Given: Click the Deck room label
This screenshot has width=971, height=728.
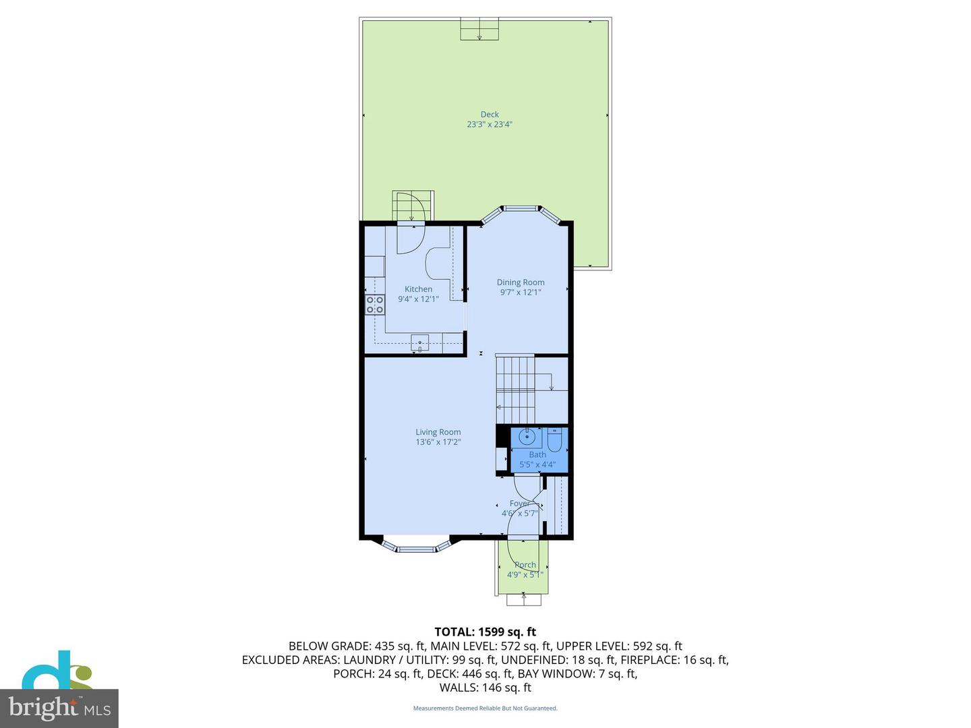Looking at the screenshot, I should click(x=490, y=115).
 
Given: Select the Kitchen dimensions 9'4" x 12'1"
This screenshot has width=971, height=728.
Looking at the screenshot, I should click(x=418, y=299).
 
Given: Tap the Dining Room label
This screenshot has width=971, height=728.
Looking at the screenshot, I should click(x=520, y=282).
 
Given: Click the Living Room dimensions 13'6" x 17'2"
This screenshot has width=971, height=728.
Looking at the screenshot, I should click(x=438, y=442).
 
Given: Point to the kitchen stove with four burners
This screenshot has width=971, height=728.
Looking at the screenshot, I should click(x=375, y=305).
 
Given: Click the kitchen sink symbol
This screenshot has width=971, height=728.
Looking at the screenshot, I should click(x=419, y=343).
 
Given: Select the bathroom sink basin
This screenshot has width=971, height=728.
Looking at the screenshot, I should click(x=527, y=437).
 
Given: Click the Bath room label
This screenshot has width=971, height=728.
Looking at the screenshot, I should click(x=537, y=455).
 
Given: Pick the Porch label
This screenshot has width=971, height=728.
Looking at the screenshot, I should click(x=525, y=565).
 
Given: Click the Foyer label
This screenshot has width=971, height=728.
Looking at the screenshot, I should click(x=519, y=504).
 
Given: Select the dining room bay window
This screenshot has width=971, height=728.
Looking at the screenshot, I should click(x=521, y=209).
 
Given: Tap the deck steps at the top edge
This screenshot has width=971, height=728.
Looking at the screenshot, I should click(x=479, y=30).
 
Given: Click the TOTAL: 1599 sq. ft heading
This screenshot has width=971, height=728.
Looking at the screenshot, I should click(x=485, y=632).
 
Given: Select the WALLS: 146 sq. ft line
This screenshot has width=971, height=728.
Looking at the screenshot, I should click(x=485, y=688).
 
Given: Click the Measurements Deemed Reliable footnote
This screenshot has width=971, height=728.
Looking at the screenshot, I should click(x=485, y=708).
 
